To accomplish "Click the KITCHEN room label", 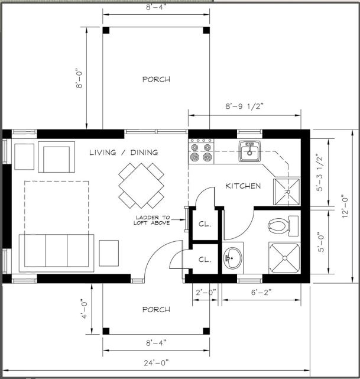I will [x=243, y=186].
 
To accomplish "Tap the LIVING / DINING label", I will [x=124, y=153].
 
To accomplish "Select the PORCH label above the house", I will [x=156, y=79].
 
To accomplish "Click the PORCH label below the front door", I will [x=156, y=309].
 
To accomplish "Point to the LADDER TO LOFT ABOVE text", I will [x=153, y=220].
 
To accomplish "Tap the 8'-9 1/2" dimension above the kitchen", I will [x=244, y=107].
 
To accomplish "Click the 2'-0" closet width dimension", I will [x=205, y=291].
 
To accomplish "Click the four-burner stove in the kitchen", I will [x=201, y=152].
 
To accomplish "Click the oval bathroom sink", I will [x=233, y=258].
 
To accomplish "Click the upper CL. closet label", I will [x=205, y=225].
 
